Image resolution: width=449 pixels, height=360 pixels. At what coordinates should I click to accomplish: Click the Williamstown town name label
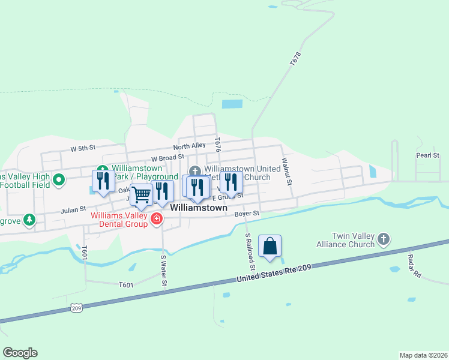(x=199, y=208)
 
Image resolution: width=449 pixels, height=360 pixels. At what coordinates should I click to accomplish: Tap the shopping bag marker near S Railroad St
(x=270, y=245)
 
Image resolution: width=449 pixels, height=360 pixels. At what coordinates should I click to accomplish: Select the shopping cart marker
(x=141, y=194)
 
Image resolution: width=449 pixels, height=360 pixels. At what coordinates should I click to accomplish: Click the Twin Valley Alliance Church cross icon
(x=384, y=240)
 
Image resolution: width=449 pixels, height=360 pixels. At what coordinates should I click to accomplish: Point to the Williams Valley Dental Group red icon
(x=157, y=218)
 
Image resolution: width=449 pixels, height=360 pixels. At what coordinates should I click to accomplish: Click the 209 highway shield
(x=76, y=308)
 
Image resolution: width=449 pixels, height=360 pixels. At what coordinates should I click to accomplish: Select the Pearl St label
(x=428, y=155)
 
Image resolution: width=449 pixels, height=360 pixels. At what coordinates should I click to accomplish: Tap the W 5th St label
(x=83, y=148)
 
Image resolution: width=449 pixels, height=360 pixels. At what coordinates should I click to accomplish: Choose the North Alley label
(x=189, y=146)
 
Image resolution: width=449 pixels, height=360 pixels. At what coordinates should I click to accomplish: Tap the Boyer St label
(x=247, y=213)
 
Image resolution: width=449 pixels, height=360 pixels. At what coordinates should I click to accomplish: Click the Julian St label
(x=74, y=211)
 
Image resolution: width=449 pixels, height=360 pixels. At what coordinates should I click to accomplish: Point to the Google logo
(x=20, y=353)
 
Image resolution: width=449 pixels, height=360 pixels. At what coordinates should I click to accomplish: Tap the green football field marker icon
(x=59, y=179)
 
